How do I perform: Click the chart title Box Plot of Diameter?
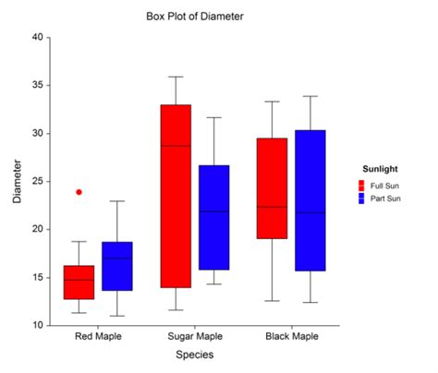[x=195, y=17]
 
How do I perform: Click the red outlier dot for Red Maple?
[x=79, y=192]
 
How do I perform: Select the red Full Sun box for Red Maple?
[x=79, y=282]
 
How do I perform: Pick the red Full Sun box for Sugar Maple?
[x=176, y=196]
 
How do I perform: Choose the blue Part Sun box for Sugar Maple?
[x=214, y=217]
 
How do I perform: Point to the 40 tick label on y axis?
[x=38, y=38]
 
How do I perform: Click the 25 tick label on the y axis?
[x=38, y=181]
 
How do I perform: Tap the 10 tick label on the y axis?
[x=38, y=325]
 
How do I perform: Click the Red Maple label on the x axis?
[x=98, y=338]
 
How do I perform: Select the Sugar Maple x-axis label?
[x=195, y=338]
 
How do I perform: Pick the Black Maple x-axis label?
[x=291, y=338]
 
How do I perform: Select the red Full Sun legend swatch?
[x=362, y=186]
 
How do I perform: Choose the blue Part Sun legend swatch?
[x=362, y=199]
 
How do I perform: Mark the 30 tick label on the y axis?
[x=38, y=133]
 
